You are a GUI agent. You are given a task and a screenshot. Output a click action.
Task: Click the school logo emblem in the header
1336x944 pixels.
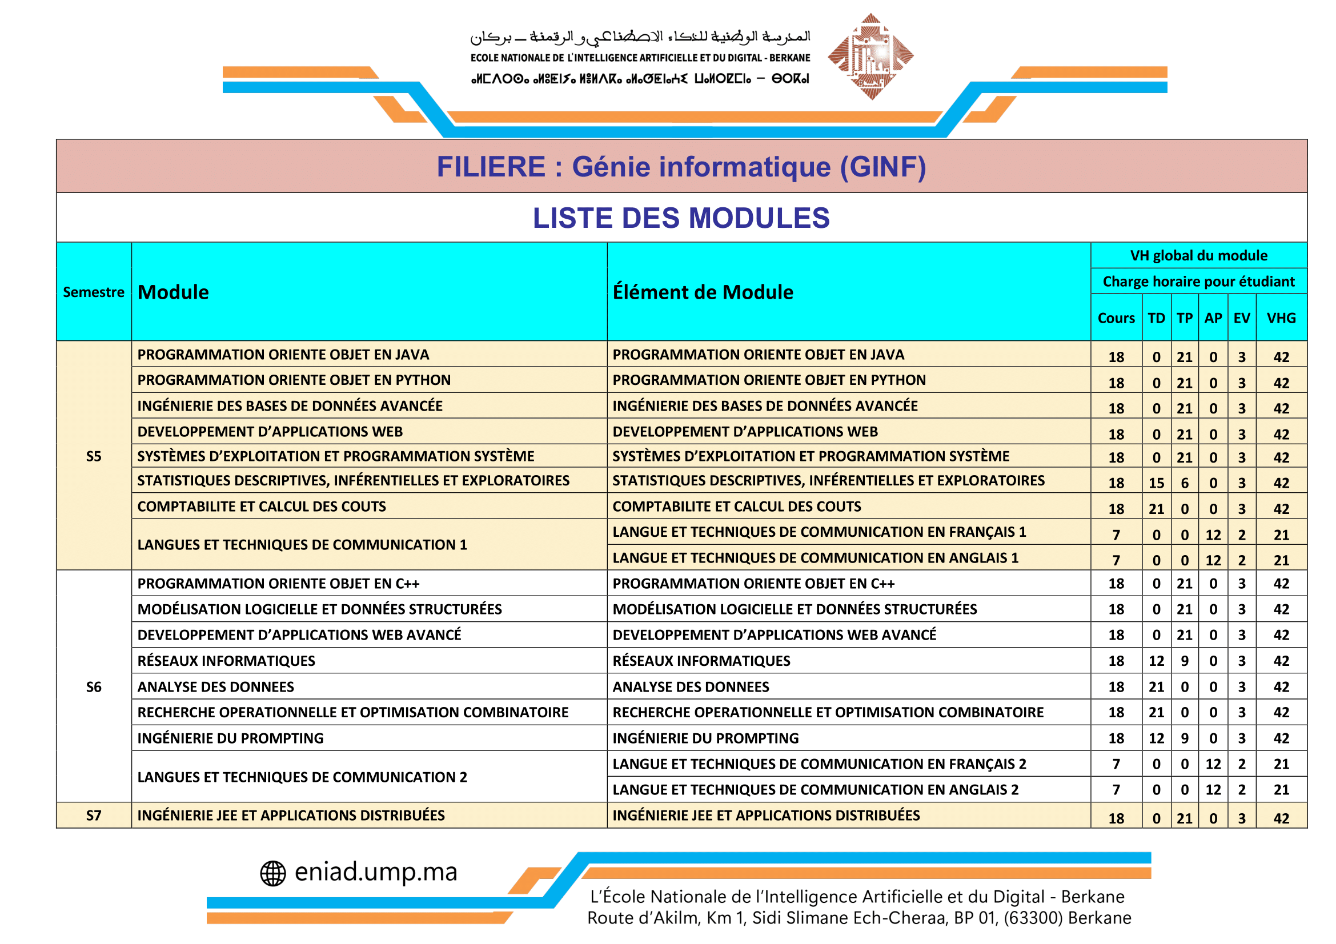tap(870, 57)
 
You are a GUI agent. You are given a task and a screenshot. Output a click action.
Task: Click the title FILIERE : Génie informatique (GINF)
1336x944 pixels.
tap(681, 167)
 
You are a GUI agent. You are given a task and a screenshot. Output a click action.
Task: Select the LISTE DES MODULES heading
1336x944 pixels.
tap(681, 218)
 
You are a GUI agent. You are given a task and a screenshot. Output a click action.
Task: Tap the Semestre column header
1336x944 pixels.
tap(94, 292)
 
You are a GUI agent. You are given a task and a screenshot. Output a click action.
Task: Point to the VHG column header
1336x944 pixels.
tap(1281, 318)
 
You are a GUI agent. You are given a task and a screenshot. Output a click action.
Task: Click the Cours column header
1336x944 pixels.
tap(1116, 318)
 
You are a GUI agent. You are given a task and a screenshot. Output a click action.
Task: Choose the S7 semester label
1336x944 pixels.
tap(94, 816)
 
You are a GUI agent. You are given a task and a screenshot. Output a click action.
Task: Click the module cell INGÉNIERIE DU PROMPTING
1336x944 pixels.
tap(230, 738)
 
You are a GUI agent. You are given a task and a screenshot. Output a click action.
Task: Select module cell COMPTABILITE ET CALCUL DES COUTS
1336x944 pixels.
tap(262, 507)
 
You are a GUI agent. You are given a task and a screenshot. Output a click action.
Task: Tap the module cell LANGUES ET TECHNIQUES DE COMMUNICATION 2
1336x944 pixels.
tap(302, 777)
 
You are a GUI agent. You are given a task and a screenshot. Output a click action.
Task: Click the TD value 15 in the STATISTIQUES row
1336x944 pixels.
tap(1156, 483)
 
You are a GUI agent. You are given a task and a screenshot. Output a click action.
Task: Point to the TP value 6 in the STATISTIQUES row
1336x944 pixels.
tap(1184, 483)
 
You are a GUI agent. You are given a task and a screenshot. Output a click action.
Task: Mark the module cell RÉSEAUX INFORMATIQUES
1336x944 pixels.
tap(226, 661)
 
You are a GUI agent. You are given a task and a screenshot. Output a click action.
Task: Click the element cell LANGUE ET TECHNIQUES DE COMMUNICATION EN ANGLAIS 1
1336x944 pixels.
tap(815, 558)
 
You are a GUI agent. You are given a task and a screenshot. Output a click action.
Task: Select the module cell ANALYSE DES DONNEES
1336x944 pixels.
tap(216, 687)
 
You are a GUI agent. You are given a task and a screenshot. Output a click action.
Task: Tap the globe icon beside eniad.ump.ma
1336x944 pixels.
tap(273, 874)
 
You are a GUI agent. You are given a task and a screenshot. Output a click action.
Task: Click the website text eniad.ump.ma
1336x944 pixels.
tap(376, 872)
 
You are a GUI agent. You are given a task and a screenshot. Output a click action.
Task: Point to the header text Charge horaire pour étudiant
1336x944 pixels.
tap(1198, 282)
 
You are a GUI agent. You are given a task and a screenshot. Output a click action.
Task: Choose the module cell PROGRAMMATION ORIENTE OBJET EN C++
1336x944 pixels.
tap(278, 584)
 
